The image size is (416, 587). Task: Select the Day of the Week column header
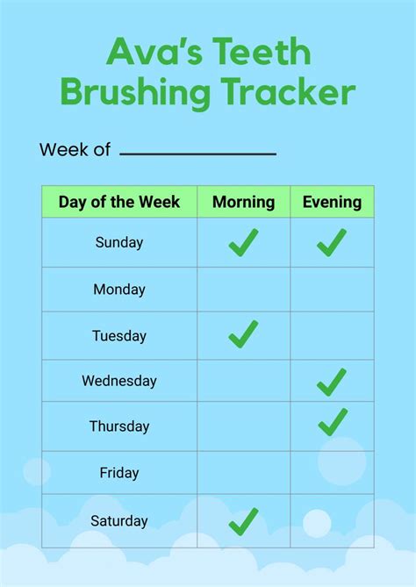click(x=119, y=203)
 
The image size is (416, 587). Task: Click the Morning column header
click(x=243, y=203)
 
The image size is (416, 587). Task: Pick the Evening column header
click(x=332, y=203)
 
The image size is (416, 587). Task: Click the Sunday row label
click(x=119, y=243)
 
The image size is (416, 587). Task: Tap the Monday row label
click(x=119, y=290)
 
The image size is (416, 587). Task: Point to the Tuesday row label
click(x=119, y=336)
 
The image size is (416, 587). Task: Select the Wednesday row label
click(x=119, y=382)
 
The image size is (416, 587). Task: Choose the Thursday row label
click(x=119, y=427)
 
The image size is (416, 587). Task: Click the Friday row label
click(x=119, y=474)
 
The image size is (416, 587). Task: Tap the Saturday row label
click(x=119, y=520)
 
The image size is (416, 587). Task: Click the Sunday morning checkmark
click(x=243, y=242)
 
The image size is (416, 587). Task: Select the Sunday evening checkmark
click(x=332, y=242)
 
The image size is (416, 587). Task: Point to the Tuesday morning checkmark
click(x=243, y=333)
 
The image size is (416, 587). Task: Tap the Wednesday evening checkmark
click(x=332, y=382)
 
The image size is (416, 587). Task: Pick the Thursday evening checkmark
click(x=333, y=422)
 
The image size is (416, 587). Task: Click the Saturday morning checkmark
click(x=243, y=521)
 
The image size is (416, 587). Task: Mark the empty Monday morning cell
click(x=243, y=290)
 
